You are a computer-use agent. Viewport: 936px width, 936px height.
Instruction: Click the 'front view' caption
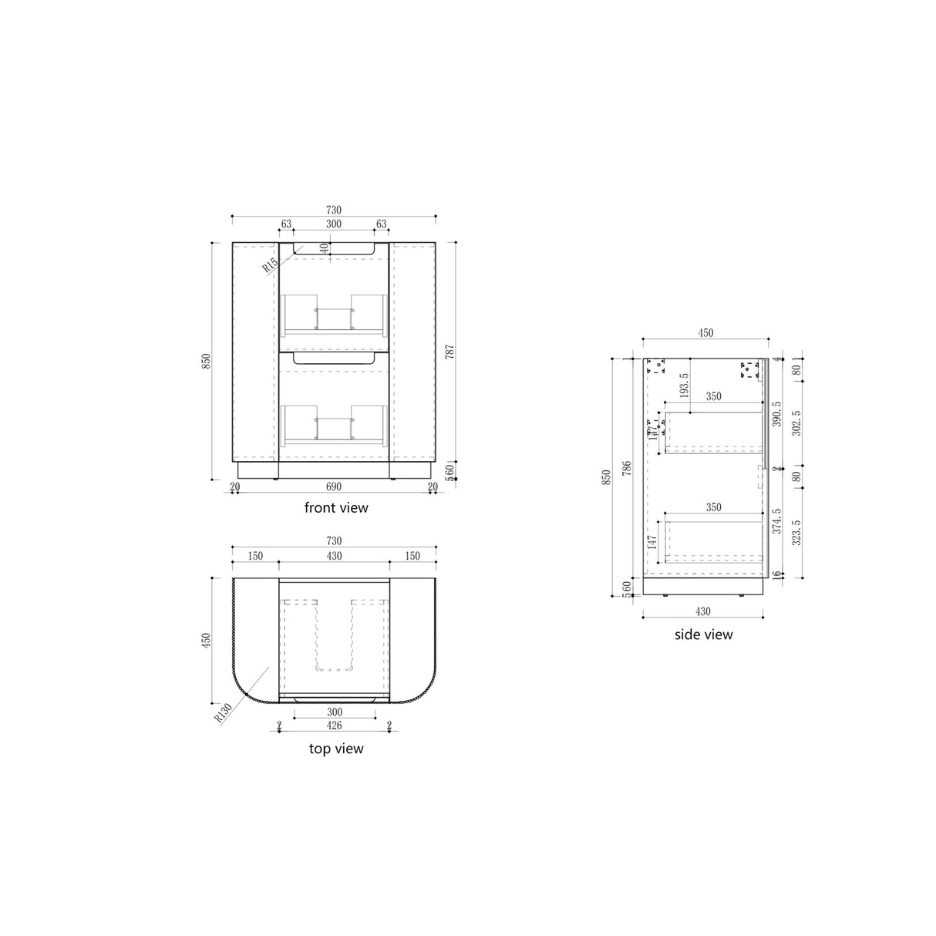pos(336,507)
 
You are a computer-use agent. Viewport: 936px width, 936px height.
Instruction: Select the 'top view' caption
pos(336,748)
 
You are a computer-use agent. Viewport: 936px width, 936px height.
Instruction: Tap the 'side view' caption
pos(703,635)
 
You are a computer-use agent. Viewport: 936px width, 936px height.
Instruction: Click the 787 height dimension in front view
pos(450,352)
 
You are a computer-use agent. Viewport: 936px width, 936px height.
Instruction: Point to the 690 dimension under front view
pos(333,487)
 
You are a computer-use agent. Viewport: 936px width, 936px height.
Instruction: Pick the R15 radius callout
pos(270,266)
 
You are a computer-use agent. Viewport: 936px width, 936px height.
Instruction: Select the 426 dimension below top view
pos(333,726)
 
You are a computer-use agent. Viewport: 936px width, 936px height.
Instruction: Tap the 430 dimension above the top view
pos(333,556)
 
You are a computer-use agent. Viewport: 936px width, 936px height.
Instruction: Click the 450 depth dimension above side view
pos(705,334)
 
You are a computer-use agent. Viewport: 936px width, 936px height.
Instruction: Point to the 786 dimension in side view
pos(627,470)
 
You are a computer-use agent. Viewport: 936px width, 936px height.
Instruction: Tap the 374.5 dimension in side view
pos(776,520)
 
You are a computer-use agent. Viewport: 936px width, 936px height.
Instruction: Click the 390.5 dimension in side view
pos(776,413)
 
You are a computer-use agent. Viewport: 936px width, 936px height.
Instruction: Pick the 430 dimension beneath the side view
pos(703,611)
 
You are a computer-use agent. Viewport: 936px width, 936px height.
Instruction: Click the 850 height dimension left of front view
pos(206,361)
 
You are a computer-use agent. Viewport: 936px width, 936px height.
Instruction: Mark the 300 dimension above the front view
pos(333,224)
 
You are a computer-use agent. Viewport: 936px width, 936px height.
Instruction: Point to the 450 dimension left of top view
pos(206,641)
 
